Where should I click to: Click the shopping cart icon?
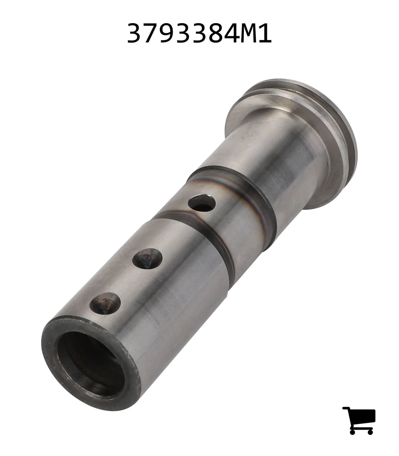point(359,420)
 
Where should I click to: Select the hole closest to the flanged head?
point(202,203)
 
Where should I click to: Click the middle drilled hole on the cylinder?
point(147,258)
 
